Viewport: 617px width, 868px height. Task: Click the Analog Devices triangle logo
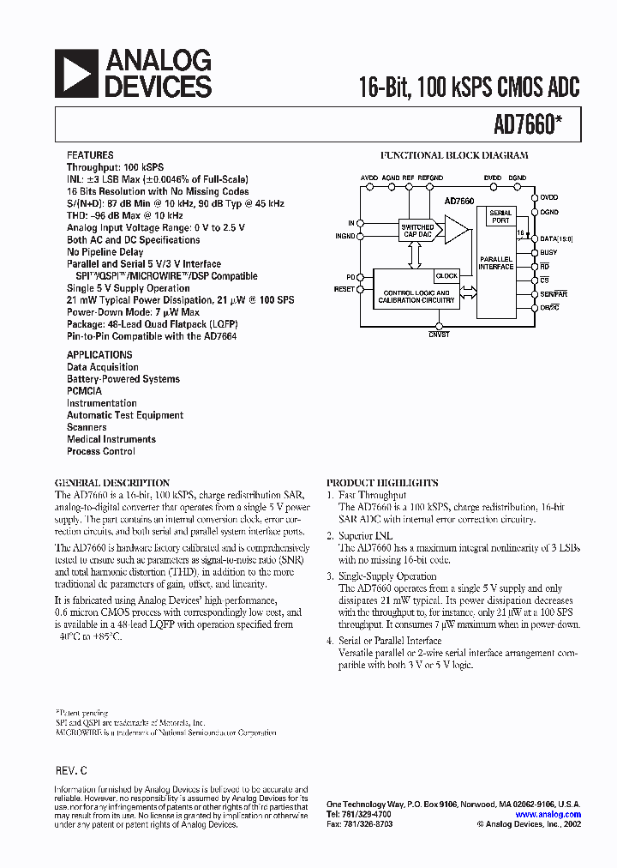click(x=75, y=72)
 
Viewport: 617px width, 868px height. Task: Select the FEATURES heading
click(x=89, y=154)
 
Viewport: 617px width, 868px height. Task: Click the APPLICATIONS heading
click(x=99, y=354)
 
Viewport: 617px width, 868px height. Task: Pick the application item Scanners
click(x=87, y=426)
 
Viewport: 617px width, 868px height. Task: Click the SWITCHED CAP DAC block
click(x=417, y=230)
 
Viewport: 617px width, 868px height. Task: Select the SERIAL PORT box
click(x=500, y=216)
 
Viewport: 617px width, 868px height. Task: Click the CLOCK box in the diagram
click(x=446, y=276)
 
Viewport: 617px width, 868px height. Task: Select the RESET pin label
click(x=344, y=289)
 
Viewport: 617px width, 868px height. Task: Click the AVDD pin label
click(x=369, y=178)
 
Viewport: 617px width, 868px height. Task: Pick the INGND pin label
click(x=344, y=235)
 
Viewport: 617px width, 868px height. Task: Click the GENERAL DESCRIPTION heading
click(x=112, y=483)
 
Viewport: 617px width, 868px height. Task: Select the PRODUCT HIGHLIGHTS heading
click(x=382, y=483)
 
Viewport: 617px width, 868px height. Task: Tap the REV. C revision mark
click(x=71, y=772)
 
